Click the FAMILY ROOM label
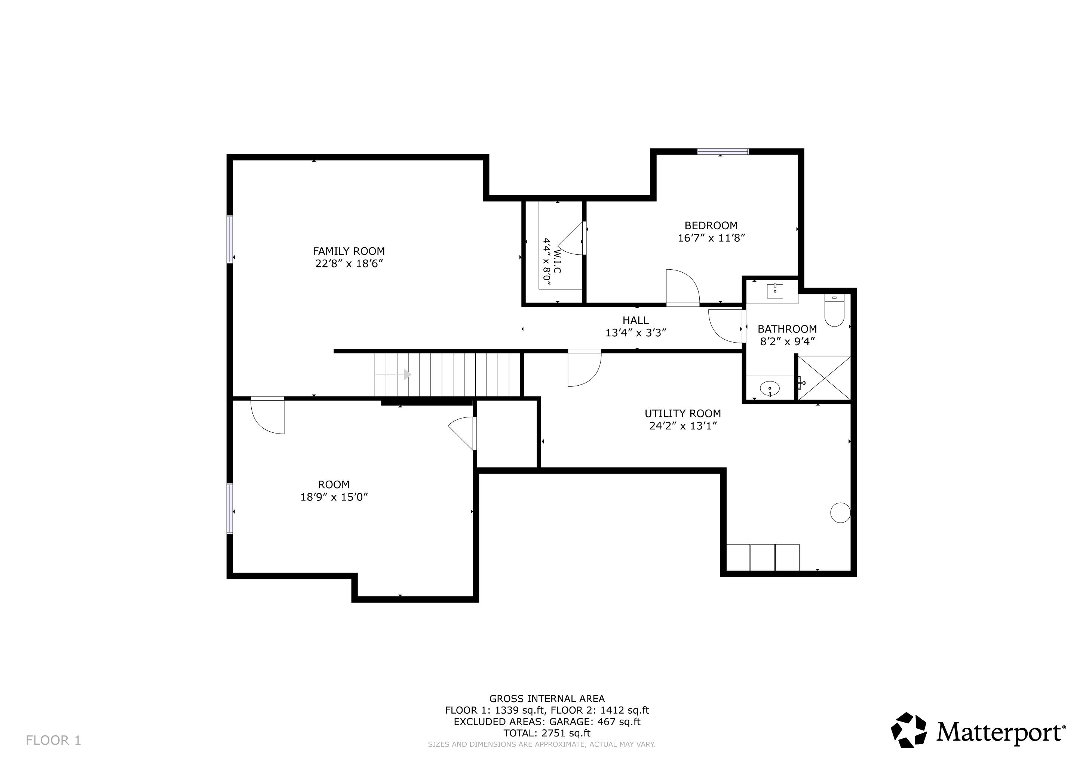[x=349, y=251]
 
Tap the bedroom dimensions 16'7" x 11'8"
[x=711, y=238]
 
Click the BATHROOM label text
[x=787, y=329]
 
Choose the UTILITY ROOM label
[x=682, y=414]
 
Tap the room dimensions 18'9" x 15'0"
[x=334, y=497]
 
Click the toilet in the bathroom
[x=834, y=311]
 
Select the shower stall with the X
[x=823, y=379]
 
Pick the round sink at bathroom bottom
[x=770, y=389]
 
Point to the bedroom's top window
[x=722, y=152]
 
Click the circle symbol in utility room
[x=840, y=513]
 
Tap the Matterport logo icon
[x=908, y=730]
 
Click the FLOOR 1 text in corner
[x=53, y=741]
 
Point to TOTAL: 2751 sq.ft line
[x=547, y=733]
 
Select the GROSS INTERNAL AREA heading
[x=547, y=699]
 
